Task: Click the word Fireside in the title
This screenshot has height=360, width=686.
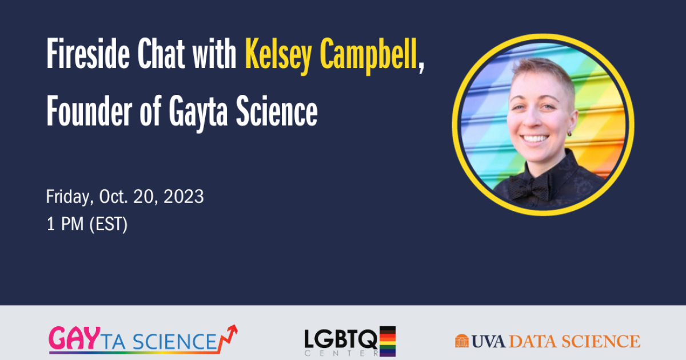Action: coord(88,54)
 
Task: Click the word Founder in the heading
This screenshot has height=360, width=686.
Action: coord(89,111)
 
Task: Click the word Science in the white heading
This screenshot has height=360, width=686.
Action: coord(277,111)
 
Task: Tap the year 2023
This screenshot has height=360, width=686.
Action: coord(184,197)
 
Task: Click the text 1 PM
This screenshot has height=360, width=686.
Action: coord(65,224)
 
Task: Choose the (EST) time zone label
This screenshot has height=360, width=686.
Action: coord(109,224)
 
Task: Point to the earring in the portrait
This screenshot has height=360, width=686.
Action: coord(569,134)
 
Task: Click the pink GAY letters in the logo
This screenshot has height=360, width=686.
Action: coord(74,338)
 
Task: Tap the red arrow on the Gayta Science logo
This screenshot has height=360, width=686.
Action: coord(228,338)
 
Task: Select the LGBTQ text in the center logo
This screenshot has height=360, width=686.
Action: coord(341,339)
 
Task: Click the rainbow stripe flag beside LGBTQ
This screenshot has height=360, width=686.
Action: coord(388,341)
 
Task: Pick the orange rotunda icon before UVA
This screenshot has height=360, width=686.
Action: coord(462,341)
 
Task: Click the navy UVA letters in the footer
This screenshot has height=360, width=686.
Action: coord(488,341)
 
